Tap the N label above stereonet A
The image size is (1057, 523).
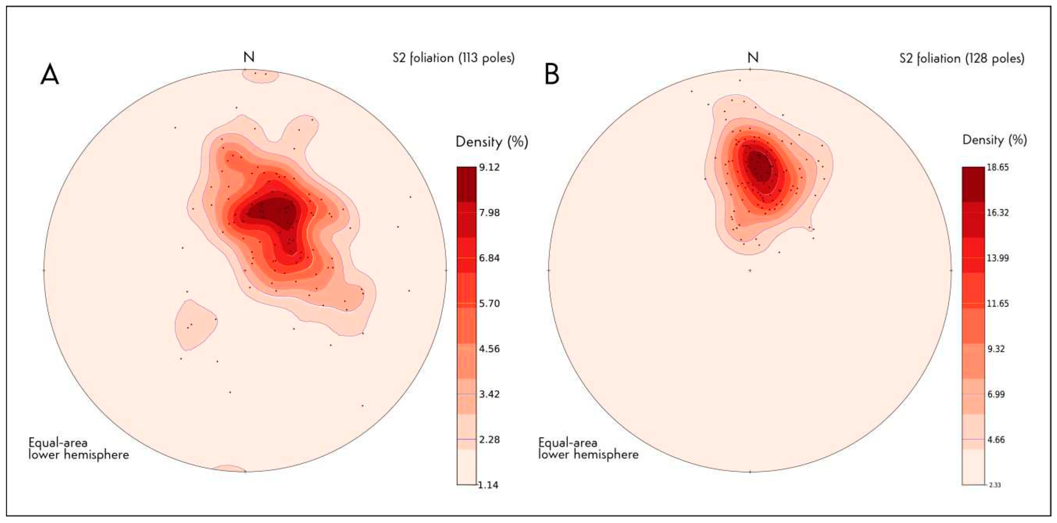point(249,57)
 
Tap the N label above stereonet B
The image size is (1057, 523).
point(753,57)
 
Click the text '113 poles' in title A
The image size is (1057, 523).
point(485,58)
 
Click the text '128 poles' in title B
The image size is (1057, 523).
point(993,58)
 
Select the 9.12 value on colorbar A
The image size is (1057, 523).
point(489,168)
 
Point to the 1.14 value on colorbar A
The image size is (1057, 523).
point(488,485)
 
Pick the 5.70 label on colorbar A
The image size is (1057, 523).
point(489,303)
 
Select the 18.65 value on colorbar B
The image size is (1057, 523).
point(997,168)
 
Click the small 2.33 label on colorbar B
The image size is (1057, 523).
point(995,485)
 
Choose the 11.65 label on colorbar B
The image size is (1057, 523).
point(997,303)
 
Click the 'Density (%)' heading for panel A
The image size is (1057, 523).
point(492,142)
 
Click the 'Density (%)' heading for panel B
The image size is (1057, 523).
point(994,140)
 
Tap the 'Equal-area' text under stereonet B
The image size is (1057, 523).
point(568,443)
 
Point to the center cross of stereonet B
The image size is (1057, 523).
point(750,271)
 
